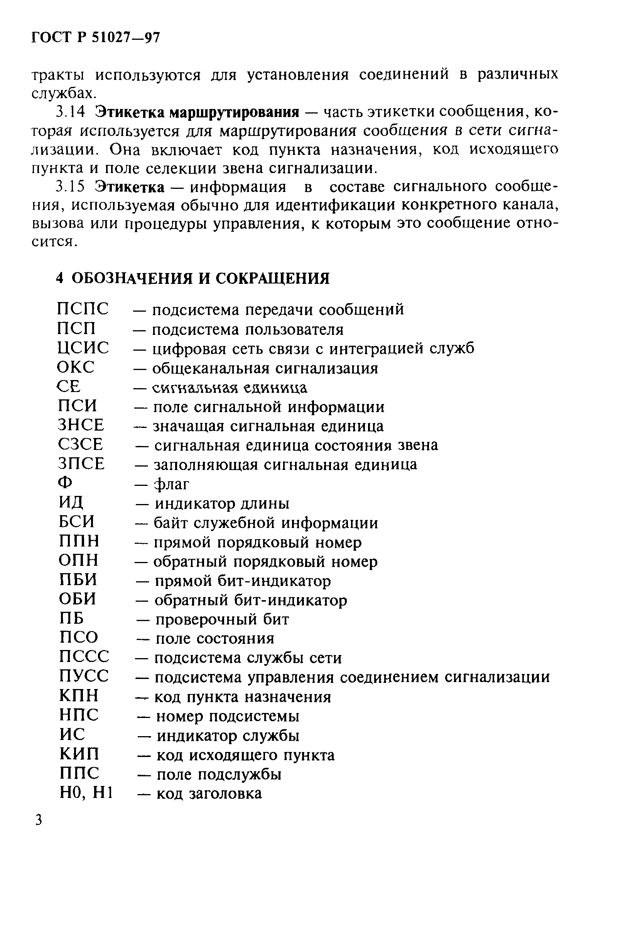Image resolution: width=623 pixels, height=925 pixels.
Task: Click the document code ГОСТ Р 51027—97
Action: click(95, 37)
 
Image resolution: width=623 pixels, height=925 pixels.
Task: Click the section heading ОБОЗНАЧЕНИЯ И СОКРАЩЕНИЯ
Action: click(200, 278)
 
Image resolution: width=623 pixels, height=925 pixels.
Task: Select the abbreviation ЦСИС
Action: click(83, 348)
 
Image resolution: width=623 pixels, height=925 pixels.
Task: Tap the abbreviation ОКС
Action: click(76, 367)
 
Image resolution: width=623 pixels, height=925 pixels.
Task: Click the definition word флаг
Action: click(172, 484)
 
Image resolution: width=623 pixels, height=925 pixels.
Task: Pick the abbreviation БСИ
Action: click(77, 522)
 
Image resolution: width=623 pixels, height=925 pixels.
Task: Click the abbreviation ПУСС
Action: click(83, 676)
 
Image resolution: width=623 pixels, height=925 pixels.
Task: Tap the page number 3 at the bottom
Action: click(38, 820)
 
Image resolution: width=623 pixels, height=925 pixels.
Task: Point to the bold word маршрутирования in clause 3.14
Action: click(235, 113)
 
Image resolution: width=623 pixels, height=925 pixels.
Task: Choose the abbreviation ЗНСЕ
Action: click(81, 425)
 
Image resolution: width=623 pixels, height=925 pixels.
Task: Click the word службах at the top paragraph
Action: click(64, 93)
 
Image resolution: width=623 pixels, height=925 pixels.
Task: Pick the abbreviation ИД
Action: click(71, 502)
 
